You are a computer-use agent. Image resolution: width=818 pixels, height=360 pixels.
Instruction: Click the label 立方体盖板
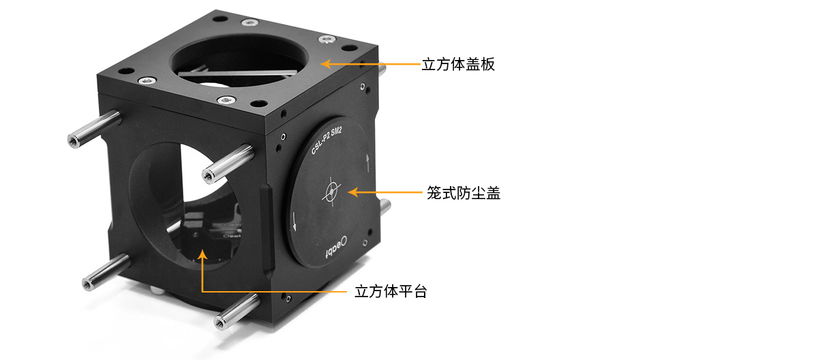click(458, 64)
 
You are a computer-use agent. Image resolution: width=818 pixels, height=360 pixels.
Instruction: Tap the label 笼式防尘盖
click(464, 193)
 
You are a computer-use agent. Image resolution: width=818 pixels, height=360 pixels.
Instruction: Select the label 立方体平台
click(391, 292)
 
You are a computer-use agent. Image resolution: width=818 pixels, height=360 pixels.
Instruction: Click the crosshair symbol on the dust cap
click(331, 192)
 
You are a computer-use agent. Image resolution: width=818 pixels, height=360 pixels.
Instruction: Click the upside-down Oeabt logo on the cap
click(337, 247)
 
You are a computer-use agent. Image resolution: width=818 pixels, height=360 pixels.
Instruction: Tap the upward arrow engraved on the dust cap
click(367, 163)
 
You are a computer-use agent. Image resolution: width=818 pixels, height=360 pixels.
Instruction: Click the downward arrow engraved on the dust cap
click(294, 222)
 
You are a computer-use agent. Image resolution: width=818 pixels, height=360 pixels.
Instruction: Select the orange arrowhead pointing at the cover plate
click(325, 64)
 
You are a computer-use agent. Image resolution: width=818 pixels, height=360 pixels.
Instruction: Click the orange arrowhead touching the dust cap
click(352, 192)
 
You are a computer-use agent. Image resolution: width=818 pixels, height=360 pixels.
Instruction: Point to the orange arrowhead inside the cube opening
click(202, 254)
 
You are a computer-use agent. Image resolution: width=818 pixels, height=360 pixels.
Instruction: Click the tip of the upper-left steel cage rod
click(74, 141)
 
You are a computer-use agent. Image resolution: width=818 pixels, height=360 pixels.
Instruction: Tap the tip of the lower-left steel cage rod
click(88, 284)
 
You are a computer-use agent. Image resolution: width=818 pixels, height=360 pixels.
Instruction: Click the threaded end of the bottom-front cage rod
click(220, 322)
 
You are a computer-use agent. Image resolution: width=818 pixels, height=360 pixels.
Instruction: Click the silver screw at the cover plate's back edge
click(249, 23)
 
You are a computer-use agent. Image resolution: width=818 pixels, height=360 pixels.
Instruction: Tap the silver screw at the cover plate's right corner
click(327, 39)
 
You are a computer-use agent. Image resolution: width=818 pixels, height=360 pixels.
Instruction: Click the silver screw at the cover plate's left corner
click(147, 80)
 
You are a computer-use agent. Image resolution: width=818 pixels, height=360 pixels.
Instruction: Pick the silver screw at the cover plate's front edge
click(226, 100)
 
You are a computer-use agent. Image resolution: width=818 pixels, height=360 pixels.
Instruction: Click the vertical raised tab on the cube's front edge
click(267, 229)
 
